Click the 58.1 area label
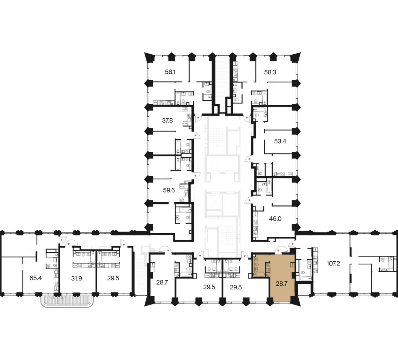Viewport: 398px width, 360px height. pos(170,72)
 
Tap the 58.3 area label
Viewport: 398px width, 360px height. pos(270,72)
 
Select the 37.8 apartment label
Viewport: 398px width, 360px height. pos(167,120)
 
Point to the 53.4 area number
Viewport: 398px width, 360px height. pos(280,141)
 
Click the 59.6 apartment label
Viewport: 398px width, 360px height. pos(169,190)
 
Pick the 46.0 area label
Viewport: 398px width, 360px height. pos(275,218)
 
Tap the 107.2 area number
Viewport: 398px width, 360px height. pos(333,263)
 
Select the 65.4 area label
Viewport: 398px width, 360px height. pos(36,278)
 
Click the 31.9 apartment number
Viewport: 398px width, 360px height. pos(76,279)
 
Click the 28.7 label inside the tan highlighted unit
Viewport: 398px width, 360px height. pos(281,283)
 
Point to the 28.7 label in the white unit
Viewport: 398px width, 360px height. pos(162,282)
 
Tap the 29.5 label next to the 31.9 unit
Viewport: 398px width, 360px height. pos(113,278)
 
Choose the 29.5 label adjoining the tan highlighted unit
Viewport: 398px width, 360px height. pos(236,287)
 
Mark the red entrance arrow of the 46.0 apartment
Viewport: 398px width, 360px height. pos(250,200)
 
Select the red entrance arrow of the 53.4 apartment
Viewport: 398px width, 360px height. pos(250,159)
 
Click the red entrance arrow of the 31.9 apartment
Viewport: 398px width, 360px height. pos(69,244)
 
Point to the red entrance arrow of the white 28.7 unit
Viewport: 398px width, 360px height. pos(168,251)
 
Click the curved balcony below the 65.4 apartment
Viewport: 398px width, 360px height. pos(67,301)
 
